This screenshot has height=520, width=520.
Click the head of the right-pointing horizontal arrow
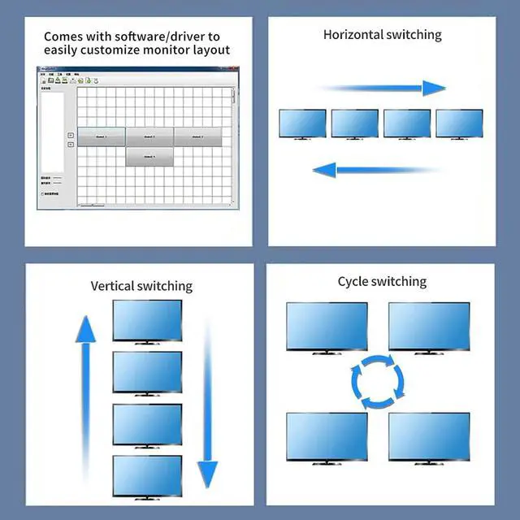tap(435, 88)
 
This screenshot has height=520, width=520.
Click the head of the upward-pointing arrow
tap(85, 329)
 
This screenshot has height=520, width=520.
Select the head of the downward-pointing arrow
tap(208, 471)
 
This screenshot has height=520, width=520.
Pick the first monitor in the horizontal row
tap(302, 124)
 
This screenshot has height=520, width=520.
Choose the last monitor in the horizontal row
tap(459, 124)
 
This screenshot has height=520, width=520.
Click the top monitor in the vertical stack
tap(147, 321)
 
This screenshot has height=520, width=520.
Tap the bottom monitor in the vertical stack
tap(147, 477)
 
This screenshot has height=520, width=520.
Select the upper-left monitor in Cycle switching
tap(327, 327)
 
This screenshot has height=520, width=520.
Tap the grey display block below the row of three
tap(149, 156)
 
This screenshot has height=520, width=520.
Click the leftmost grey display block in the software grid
tap(101, 136)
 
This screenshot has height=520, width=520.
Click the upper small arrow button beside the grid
tap(70, 135)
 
